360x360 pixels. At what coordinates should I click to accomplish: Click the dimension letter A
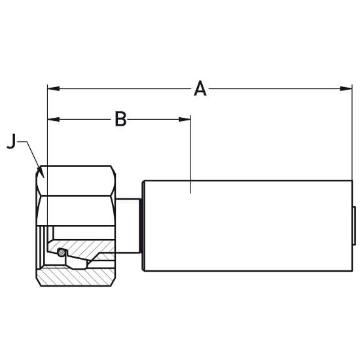(x=200, y=88)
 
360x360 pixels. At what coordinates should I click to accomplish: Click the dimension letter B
(x=120, y=119)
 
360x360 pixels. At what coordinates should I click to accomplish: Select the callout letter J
(x=12, y=141)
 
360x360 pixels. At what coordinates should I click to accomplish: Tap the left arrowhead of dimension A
(x=53, y=88)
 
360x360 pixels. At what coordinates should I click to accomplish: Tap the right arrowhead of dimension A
(x=346, y=88)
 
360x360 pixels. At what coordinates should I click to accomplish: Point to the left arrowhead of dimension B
(x=53, y=119)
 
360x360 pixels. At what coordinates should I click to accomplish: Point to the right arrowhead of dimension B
(x=185, y=119)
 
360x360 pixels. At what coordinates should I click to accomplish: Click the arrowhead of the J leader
(x=41, y=173)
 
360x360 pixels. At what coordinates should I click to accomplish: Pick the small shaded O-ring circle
(x=61, y=253)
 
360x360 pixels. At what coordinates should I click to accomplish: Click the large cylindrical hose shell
(x=248, y=226)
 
